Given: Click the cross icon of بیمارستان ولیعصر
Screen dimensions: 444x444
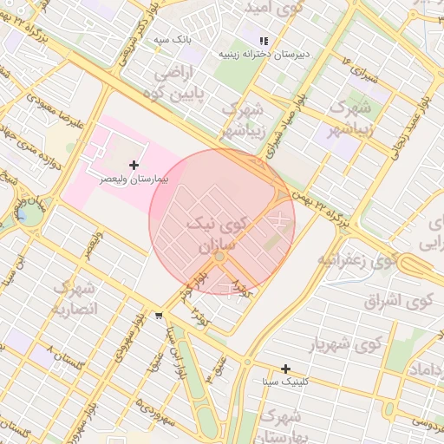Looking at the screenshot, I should click(x=134, y=165).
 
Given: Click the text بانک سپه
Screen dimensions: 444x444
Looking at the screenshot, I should click(x=172, y=40).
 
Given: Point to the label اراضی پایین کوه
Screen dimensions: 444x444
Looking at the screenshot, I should click(x=180, y=85).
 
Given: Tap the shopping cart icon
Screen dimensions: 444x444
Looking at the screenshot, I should click(x=157, y=316).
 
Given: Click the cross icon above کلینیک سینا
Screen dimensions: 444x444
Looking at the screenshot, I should click(x=285, y=369).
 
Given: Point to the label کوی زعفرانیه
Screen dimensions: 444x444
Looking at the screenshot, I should click(x=356, y=259).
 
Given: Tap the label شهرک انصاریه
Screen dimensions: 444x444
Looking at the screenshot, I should click(x=75, y=297).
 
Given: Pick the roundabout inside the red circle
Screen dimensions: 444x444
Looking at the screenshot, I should click(x=220, y=257).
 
